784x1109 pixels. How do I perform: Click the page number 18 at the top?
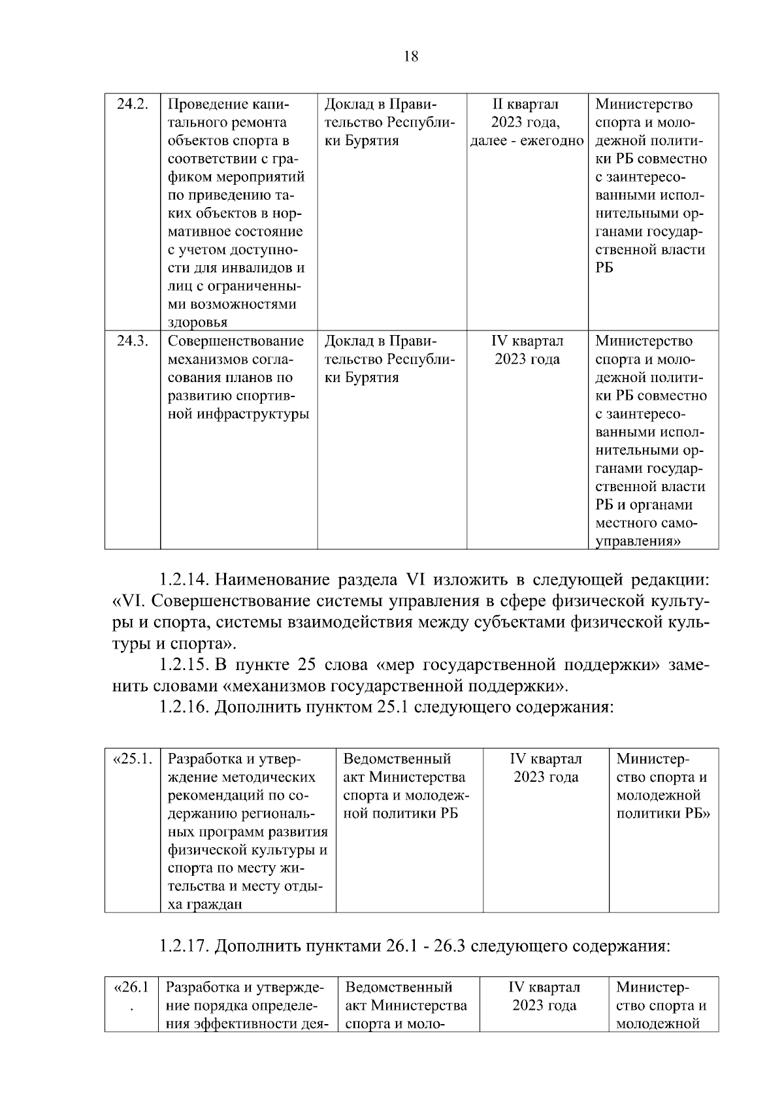click(x=411, y=56)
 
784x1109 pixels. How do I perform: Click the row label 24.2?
click(x=132, y=104)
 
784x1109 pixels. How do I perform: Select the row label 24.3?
click(x=132, y=341)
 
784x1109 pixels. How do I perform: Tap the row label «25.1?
click(x=133, y=759)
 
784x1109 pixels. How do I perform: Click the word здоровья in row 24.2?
click(x=197, y=323)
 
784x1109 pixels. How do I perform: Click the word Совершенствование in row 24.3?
click(x=236, y=341)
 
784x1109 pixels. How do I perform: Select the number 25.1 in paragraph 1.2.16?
click(x=393, y=707)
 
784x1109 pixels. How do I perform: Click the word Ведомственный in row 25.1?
click(x=397, y=759)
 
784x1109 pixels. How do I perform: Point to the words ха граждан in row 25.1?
click(x=205, y=905)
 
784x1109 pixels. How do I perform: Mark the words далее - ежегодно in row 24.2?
click(x=527, y=141)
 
